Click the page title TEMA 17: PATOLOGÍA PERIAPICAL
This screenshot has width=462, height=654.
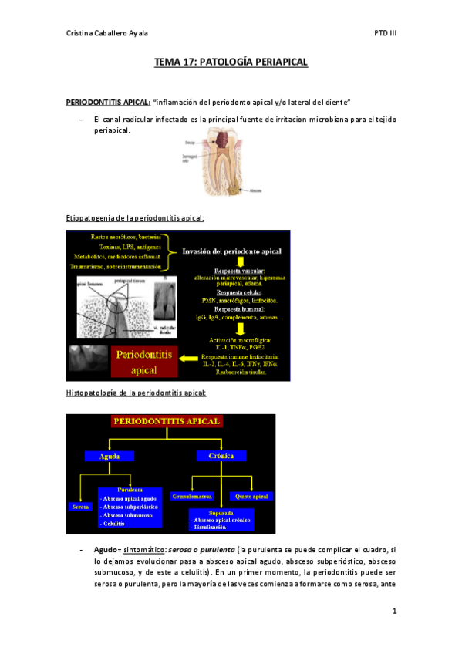[x=231, y=62]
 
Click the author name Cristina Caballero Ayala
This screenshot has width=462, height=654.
[x=109, y=34]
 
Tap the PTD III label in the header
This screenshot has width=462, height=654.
[x=385, y=34]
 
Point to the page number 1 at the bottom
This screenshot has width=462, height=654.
[x=393, y=612]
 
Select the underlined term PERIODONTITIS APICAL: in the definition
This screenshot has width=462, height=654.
[x=108, y=102]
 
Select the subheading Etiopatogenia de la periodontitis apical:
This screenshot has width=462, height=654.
[x=135, y=218]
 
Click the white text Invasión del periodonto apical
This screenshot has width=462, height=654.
[x=232, y=251]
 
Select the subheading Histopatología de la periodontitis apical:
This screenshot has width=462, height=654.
[x=136, y=393]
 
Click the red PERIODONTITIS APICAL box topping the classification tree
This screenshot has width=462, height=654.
[x=167, y=422]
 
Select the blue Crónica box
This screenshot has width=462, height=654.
[x=221, y=456]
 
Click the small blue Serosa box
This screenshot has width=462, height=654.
[x=79, y=506]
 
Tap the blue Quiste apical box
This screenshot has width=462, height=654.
[x=255, y=497]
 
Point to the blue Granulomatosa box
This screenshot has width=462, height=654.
[x=193, y=497]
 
